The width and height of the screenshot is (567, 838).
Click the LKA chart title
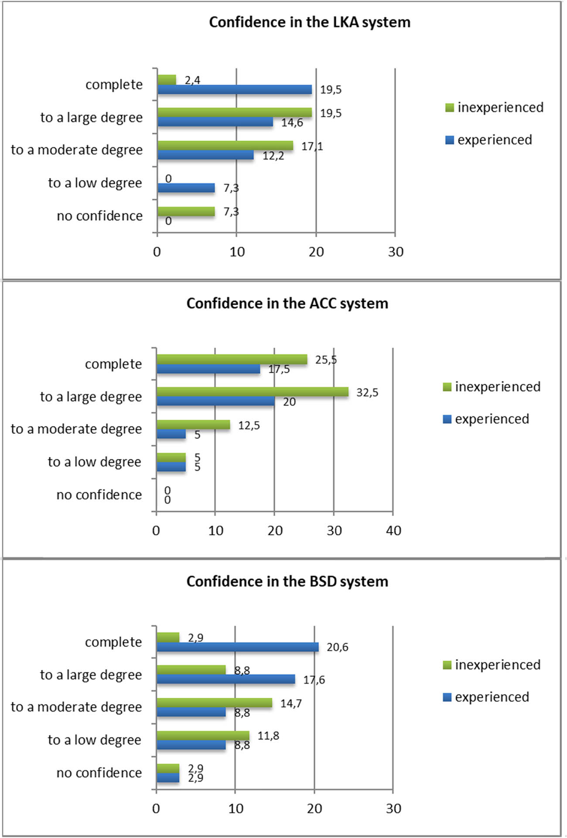tap(309, 22)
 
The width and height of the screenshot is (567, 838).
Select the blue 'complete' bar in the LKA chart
tap(235, 90)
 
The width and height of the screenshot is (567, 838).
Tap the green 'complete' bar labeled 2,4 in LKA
tap(167, 80)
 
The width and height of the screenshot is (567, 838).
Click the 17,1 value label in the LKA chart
tap(312, 146)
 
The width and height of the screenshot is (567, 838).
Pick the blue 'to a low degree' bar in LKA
tap(186, 188)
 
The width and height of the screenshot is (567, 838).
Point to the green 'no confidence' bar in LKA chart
tap(186, 211)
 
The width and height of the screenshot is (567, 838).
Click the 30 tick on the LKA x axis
tap(396, 252)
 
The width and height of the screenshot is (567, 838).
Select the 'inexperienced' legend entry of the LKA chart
tap(495, 108)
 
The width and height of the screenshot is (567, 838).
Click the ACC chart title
tap(287, 303)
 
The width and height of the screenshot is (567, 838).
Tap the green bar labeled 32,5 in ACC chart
tap(253, 392)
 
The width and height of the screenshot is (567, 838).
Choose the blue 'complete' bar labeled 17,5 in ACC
tap(208, 369)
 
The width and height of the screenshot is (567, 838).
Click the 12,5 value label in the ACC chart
tap(249, 426)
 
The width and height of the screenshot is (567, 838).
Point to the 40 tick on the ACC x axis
tap(393, 531)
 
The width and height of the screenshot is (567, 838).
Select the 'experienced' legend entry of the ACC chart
tap(486, 419)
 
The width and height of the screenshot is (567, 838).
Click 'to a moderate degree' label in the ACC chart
tap(76, 429)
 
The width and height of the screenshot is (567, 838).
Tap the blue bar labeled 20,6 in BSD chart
tap(238, 647)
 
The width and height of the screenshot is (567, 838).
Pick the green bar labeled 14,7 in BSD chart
tap(214, 703)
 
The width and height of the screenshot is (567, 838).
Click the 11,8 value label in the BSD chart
tap(268, 736)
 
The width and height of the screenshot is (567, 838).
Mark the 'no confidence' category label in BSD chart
tap(99, 773)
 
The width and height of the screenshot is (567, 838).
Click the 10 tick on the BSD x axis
tap(236, 809)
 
